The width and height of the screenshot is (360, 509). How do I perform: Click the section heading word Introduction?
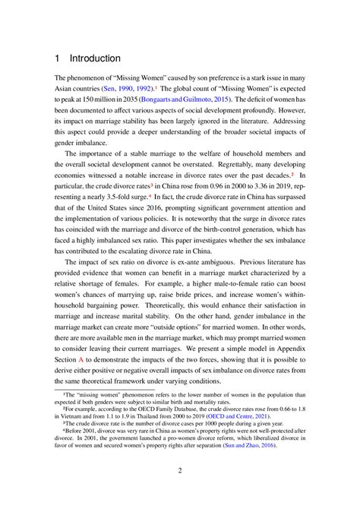click(x=95, y=58)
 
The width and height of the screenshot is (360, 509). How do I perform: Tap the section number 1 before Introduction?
click(x=57, y=58)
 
